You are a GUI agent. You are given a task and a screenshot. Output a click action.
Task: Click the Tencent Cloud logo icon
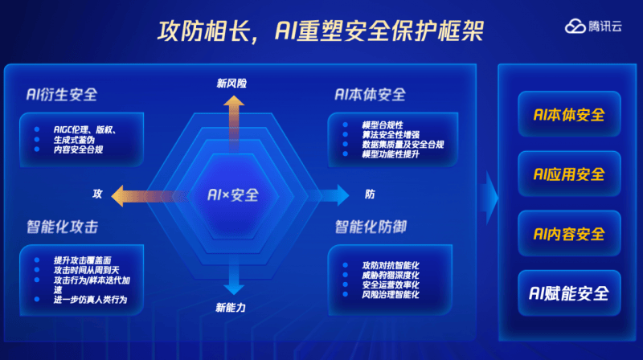tap(575, 27)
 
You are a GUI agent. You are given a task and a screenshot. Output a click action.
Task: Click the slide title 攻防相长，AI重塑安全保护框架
tap(321, 31)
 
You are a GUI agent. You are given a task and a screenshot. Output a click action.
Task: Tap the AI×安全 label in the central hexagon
tap(233, 195)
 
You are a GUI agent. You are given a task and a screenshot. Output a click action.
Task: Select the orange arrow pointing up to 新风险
tap(234, 123)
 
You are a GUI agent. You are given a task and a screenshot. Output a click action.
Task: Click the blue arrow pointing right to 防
tap(329, 195)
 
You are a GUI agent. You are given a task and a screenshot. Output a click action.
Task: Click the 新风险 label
tap(231, 84)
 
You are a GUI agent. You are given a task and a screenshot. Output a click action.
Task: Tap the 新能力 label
tap(231, 308)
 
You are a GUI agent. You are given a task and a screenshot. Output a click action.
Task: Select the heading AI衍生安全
tap(62, 95)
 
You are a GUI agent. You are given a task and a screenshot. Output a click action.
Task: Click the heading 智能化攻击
tap(63, 227)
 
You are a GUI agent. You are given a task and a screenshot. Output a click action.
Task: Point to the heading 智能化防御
tap(371, 227)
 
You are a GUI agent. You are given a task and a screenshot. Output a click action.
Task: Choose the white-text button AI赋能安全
tap(569, 293)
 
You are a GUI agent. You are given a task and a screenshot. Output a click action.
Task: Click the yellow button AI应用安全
tap(569, 174)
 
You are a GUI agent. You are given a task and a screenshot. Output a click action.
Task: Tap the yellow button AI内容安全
tap(569, 234)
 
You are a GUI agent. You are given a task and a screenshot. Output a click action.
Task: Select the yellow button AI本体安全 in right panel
tap(569, 114)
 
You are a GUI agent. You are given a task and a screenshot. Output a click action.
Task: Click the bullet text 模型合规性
tap(383, 125)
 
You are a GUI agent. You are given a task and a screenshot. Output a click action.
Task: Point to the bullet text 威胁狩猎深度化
tap(391, 275)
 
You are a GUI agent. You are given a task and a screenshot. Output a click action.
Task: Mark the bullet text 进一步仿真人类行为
tap(90, 300)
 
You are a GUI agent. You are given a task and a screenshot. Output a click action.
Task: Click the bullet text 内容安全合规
tap(78, 149)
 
